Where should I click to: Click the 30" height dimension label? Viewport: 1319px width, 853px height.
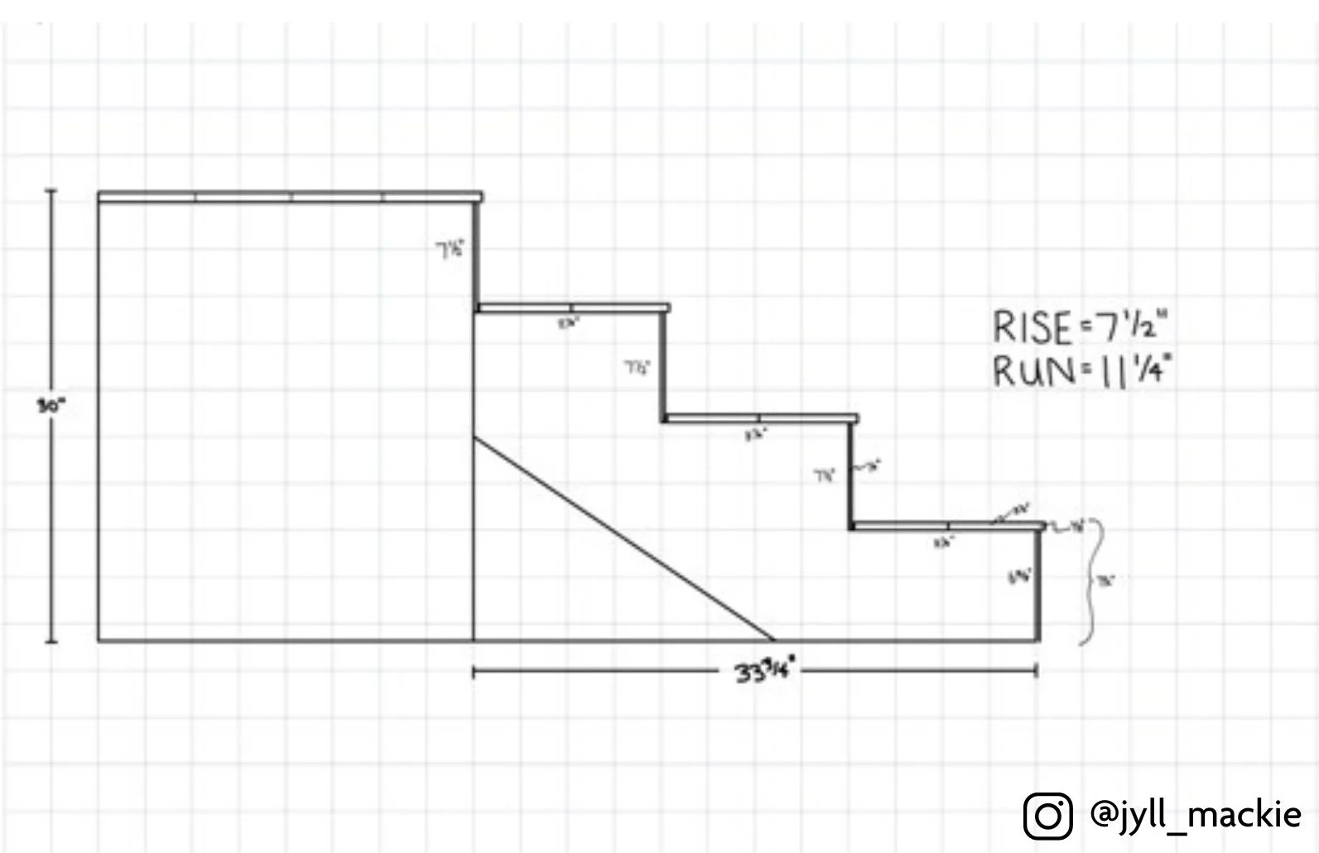(x=51, y=406)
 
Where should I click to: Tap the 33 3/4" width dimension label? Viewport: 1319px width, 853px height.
(x=765, y=671)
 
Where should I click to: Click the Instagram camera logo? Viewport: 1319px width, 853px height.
(x=1047, y=815)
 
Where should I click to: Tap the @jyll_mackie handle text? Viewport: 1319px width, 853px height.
(x=1195, y=814)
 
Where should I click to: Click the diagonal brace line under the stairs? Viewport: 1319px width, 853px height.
(x=624, y=538)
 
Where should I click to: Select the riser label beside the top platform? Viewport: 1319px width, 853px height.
(x=450, y=249)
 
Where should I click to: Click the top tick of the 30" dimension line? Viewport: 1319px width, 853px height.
(x=51, y=190)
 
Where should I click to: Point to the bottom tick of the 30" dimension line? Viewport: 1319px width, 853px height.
(x=51, y=642)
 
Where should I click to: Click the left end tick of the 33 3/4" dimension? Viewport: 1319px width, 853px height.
(x=474, y=672)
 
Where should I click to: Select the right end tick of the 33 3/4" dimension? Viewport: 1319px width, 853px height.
(x=1037, y=672)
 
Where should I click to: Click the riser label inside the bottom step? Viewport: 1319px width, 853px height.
(x=1019, y=576)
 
